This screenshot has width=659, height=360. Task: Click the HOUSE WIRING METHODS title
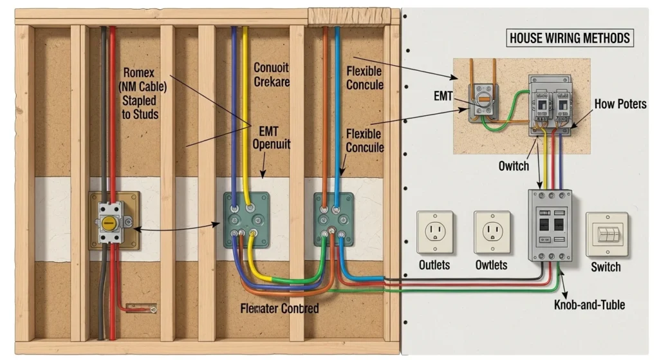click(570, 38)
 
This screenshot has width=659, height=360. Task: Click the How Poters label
click(620, 104)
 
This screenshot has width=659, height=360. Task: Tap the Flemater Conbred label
click(279, 308)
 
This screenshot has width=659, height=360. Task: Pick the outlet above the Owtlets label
click(492, 232)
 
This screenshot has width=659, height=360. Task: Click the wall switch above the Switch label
click(606, 234)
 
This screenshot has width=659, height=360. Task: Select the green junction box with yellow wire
click(247, 219)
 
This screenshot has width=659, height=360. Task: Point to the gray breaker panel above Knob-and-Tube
click(550, 224)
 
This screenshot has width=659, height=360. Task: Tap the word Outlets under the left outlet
click(434, 265)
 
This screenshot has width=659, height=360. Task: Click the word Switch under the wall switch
click(606, 267)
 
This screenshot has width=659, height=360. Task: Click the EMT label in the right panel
click(444, 97)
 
